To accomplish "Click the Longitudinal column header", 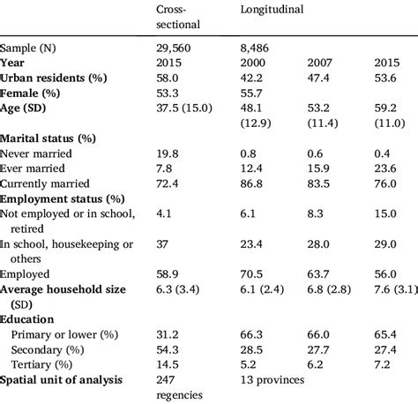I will tap(273, 11).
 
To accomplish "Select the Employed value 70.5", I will tap(253, 274).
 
